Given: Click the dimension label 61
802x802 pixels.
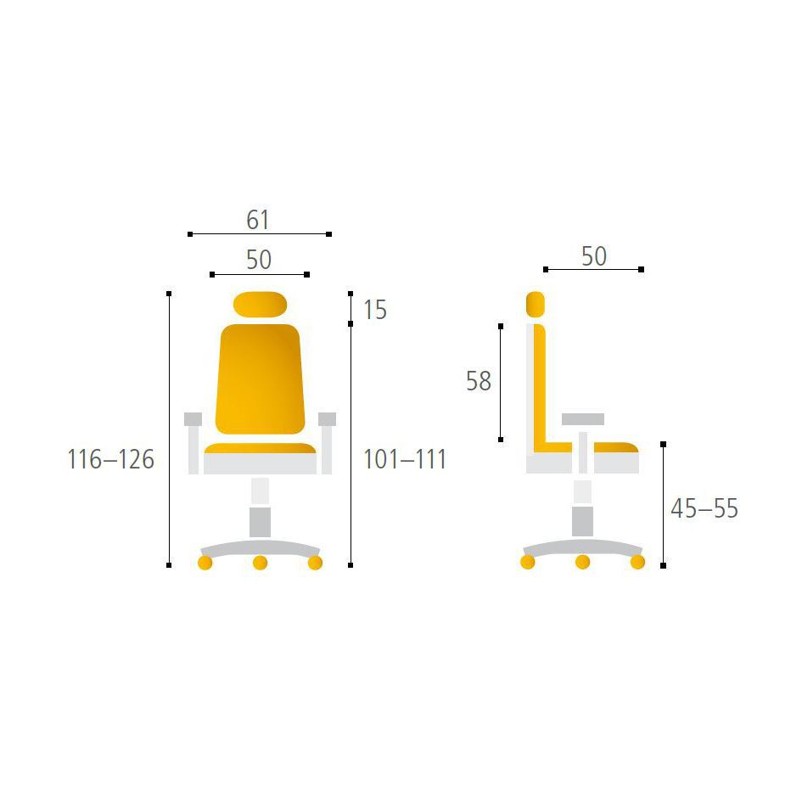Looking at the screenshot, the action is pos(257,220).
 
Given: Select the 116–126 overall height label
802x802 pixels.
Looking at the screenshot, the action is pos(110,459).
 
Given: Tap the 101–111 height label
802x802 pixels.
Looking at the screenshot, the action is pos(404,459).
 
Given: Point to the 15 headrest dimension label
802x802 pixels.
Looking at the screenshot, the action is pos(375,310).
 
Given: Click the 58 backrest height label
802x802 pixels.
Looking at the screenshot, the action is pos(479,381).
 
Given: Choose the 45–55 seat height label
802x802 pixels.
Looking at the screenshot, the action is pos(704,508).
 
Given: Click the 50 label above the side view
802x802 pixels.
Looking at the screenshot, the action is pos(594,256).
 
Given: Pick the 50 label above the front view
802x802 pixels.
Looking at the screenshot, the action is pos(259,260).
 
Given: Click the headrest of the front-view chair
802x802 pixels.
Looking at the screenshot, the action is pos(260,305).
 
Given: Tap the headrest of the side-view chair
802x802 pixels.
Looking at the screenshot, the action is pos(535,305).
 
